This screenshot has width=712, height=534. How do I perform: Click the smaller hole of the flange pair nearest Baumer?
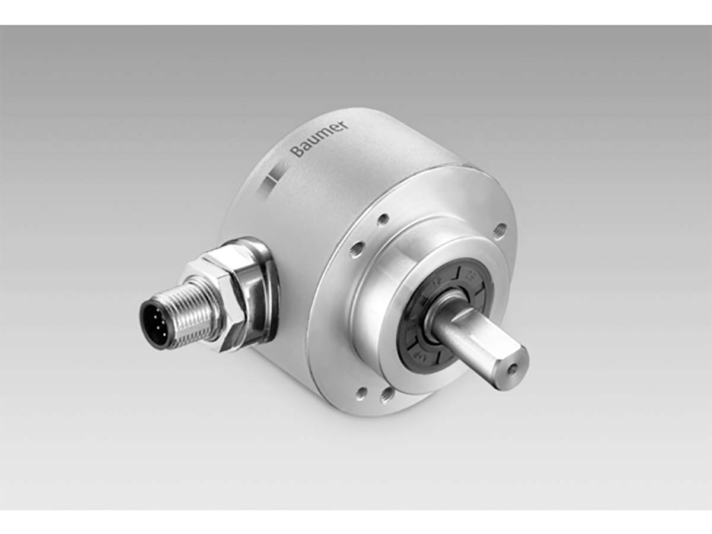pyautogui.click(x=383, y=219)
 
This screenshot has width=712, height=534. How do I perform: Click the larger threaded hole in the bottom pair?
pyautogui.click(x=387, y=393)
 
